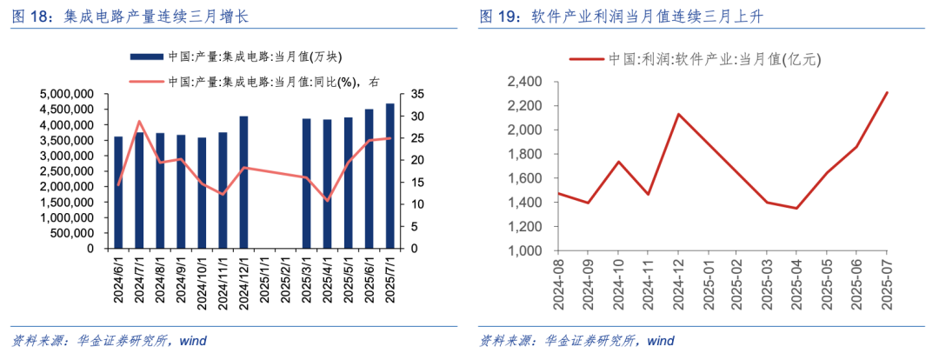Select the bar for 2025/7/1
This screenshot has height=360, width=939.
pyautogui.click(x=390, y=176)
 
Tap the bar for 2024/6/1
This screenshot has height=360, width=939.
pyautogui.click(x=118, y=192)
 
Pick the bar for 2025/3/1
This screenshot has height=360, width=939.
pyautogui.click(x=306, y=183)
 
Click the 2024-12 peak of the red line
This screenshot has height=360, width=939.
pyautogui.click(x=677, y=114)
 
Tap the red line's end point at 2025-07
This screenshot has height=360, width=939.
pyautogui.click(x=887, y=92)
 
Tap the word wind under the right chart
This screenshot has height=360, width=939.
pyautogui.click(x=662, y=340)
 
